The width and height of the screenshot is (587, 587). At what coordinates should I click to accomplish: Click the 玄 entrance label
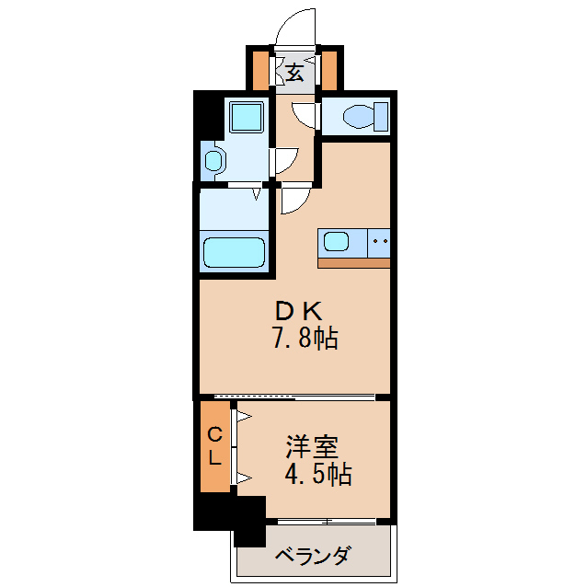(x=294, y=72)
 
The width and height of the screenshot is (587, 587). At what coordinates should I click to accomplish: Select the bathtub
(x=234, y=252)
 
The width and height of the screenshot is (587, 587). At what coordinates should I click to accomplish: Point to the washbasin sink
(x=213, y=161)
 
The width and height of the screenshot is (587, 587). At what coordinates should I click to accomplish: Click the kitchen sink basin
(x=335, y=243)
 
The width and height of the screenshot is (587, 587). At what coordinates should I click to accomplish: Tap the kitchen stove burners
(x=379, y=243)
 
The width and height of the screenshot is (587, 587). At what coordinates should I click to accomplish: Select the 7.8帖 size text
(x=305, y=339)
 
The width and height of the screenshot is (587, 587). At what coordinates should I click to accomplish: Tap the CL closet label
(x=214, y=445)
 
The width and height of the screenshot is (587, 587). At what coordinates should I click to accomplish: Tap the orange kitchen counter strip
(x=353, y=262)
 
